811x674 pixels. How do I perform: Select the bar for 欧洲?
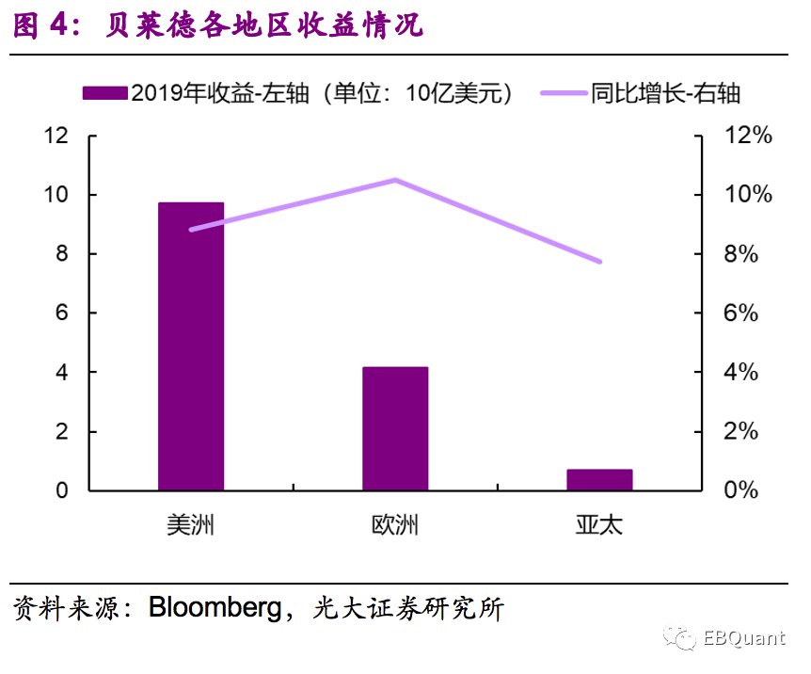[395, 428]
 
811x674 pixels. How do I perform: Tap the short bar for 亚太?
[599, 479]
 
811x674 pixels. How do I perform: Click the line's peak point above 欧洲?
[395, 180]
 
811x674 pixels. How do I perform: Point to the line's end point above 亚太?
[599, 261]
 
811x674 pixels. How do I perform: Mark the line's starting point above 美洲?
[192, 229]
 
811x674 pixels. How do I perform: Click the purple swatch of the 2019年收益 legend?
[104, 93]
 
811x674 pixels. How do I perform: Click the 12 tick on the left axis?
[57, 136]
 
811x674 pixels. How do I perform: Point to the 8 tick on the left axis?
[63, 254]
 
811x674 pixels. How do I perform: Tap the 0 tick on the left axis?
[63, 490]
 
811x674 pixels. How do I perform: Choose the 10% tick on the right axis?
[748, 195]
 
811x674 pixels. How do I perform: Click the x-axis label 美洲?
[191, 524]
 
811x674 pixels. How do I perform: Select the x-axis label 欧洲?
[395, 524]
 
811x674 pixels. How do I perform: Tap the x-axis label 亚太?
[599, 524]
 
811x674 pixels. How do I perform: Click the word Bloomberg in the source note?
[215, 607]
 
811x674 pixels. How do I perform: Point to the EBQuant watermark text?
[743, 638]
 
